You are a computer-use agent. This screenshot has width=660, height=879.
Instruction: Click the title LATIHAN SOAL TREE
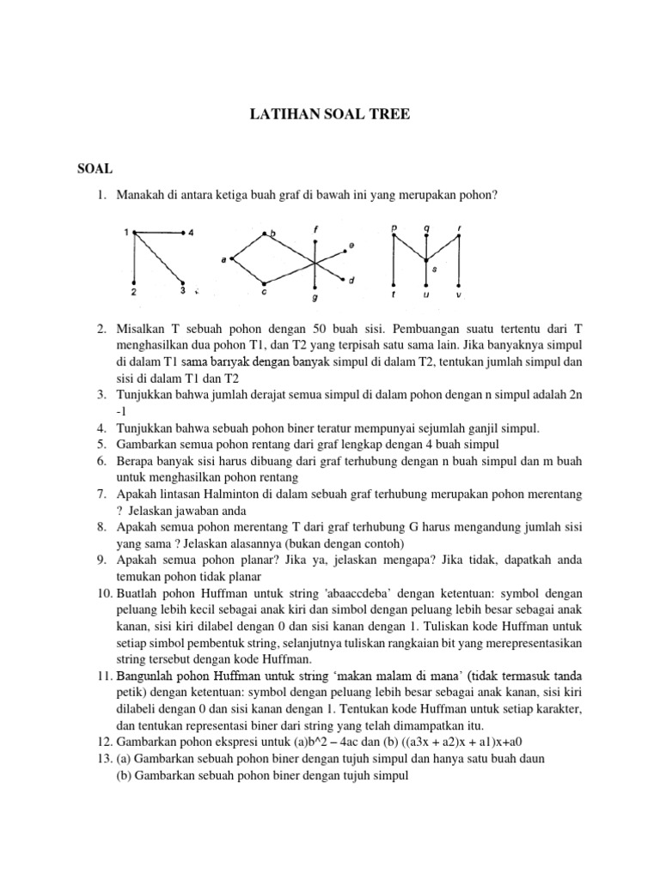coord(330,112)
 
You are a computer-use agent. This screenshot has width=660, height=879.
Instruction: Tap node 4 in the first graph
coord(184,233)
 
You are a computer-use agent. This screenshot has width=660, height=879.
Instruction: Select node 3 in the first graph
coord(183,284)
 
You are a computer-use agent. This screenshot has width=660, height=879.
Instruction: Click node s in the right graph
coord(426,258)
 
